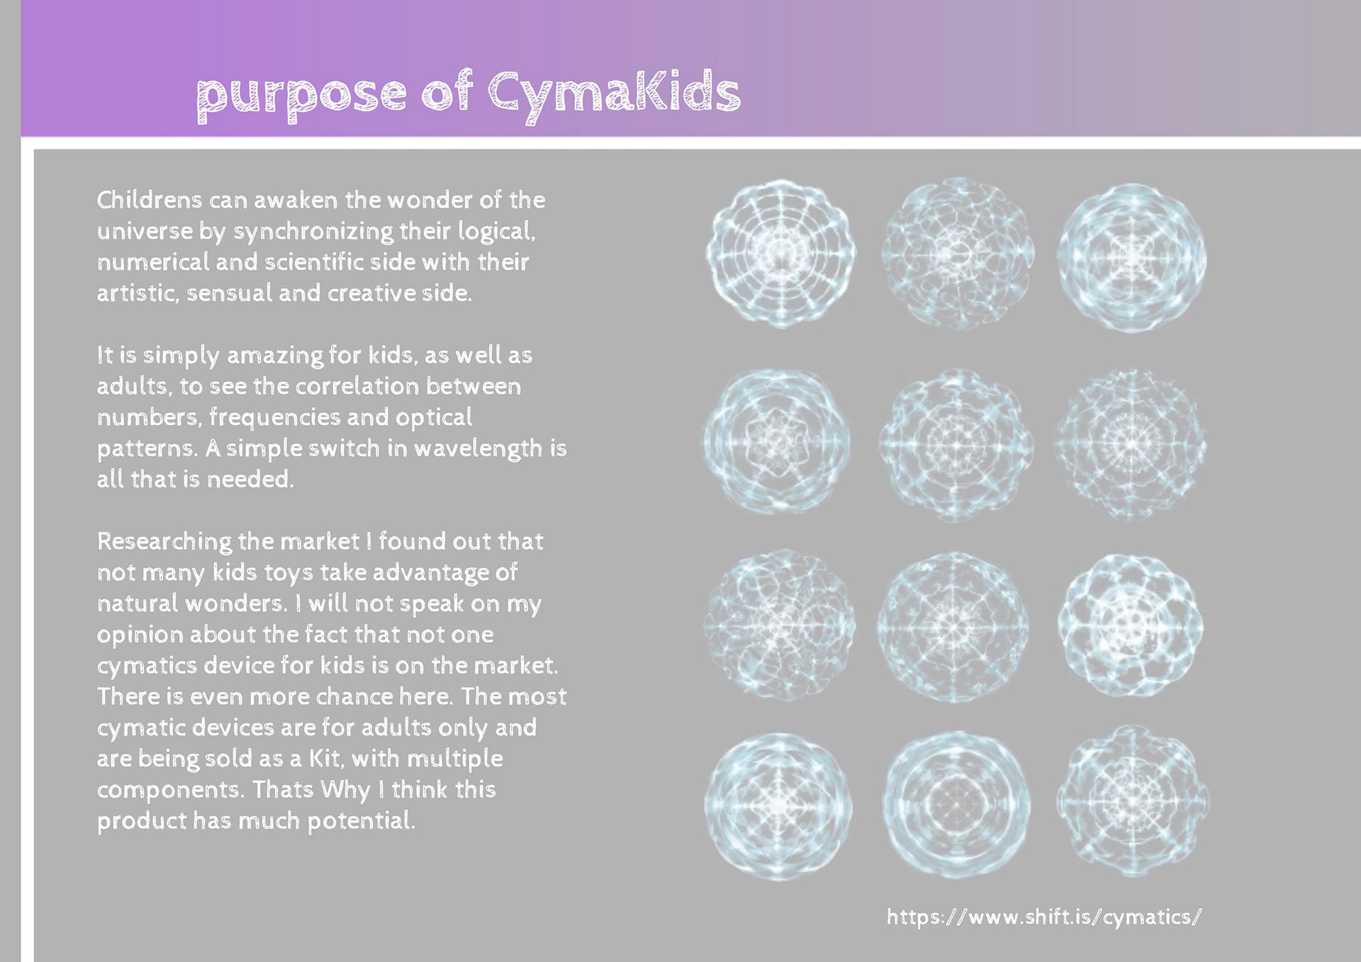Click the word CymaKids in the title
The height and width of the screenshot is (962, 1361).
(x=614, y=95)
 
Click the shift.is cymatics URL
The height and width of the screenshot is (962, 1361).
(x=1043, y=917)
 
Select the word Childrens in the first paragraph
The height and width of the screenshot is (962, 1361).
(x=150, y=200)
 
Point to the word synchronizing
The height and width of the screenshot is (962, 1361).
(x=313, y=232)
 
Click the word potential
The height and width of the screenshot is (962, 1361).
(x=361, y=821)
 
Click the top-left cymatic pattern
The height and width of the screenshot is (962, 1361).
(x=780, y=254)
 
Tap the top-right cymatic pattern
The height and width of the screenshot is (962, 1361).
(x=1132, y=257)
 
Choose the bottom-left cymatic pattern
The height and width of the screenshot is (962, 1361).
(x=778, y=806)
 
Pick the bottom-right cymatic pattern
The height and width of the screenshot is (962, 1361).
(x=1132, y=801)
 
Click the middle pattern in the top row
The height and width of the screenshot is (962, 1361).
(x=958, y=252)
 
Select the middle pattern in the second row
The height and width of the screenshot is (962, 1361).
(x=956, y=445)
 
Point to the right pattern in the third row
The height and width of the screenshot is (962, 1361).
(x=1130, y=626)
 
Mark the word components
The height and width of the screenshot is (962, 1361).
(x=171, y=791)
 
